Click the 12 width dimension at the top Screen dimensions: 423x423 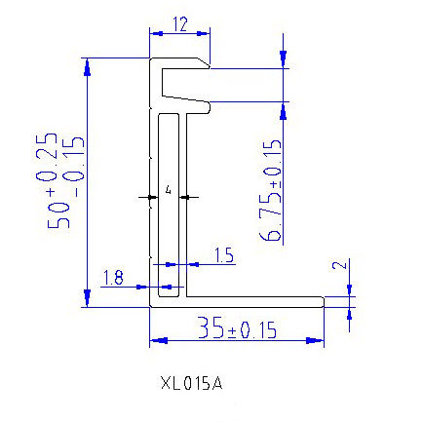(178, 24)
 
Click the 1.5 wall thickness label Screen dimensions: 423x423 (222, 256)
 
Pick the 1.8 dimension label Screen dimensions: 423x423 (113, 280)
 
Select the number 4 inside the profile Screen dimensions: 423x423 (169, 190)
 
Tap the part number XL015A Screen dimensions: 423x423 (191, 383)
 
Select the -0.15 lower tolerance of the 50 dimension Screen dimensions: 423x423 (74, 159)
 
